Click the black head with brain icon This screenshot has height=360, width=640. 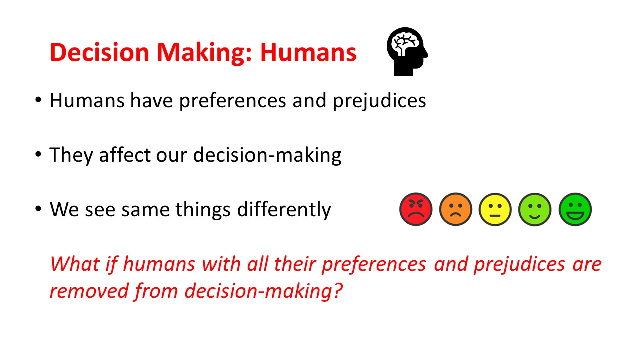pyautogui.click(x=407, y=51)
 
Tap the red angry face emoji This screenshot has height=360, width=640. pyautogui.click(x=416, y=209)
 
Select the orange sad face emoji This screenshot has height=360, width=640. pyautogui.click(x=455, y=209)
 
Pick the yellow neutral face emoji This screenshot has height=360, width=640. pyautogui.click(x=495, y=209)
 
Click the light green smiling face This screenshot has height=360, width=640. pyautogui.click(x=535, y=209)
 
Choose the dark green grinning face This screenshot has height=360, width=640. pyautogui.click(x=575, y=209)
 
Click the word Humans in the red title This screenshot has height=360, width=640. pyautogui.click(x=308, y=52)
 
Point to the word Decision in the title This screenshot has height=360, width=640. pyautogui.click(x=99, y=52)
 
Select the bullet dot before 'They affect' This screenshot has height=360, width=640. pyautogui.click(x=38, y=154)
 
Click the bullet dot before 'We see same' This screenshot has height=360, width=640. pyautogui.click(x=38, y=209)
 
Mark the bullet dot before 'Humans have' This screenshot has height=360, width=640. pyautogui.click(x=38, y=100)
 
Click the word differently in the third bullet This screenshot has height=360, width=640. pyautogui.click(x=284, y=210)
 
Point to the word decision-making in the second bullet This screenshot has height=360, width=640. pyautogui.click(x=267, y=155)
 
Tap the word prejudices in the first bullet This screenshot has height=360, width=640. pyautogui.click(x=379, y=101)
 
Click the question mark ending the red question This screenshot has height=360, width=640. pyautogui.click(x=337, y=290)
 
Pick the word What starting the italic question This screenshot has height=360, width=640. pyautogui.click(x=75, y=264)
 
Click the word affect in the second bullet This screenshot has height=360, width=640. pyautogui.click(x=125, y=155)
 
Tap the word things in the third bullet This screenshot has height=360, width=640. pyautogui.click(x=203, y=210)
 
